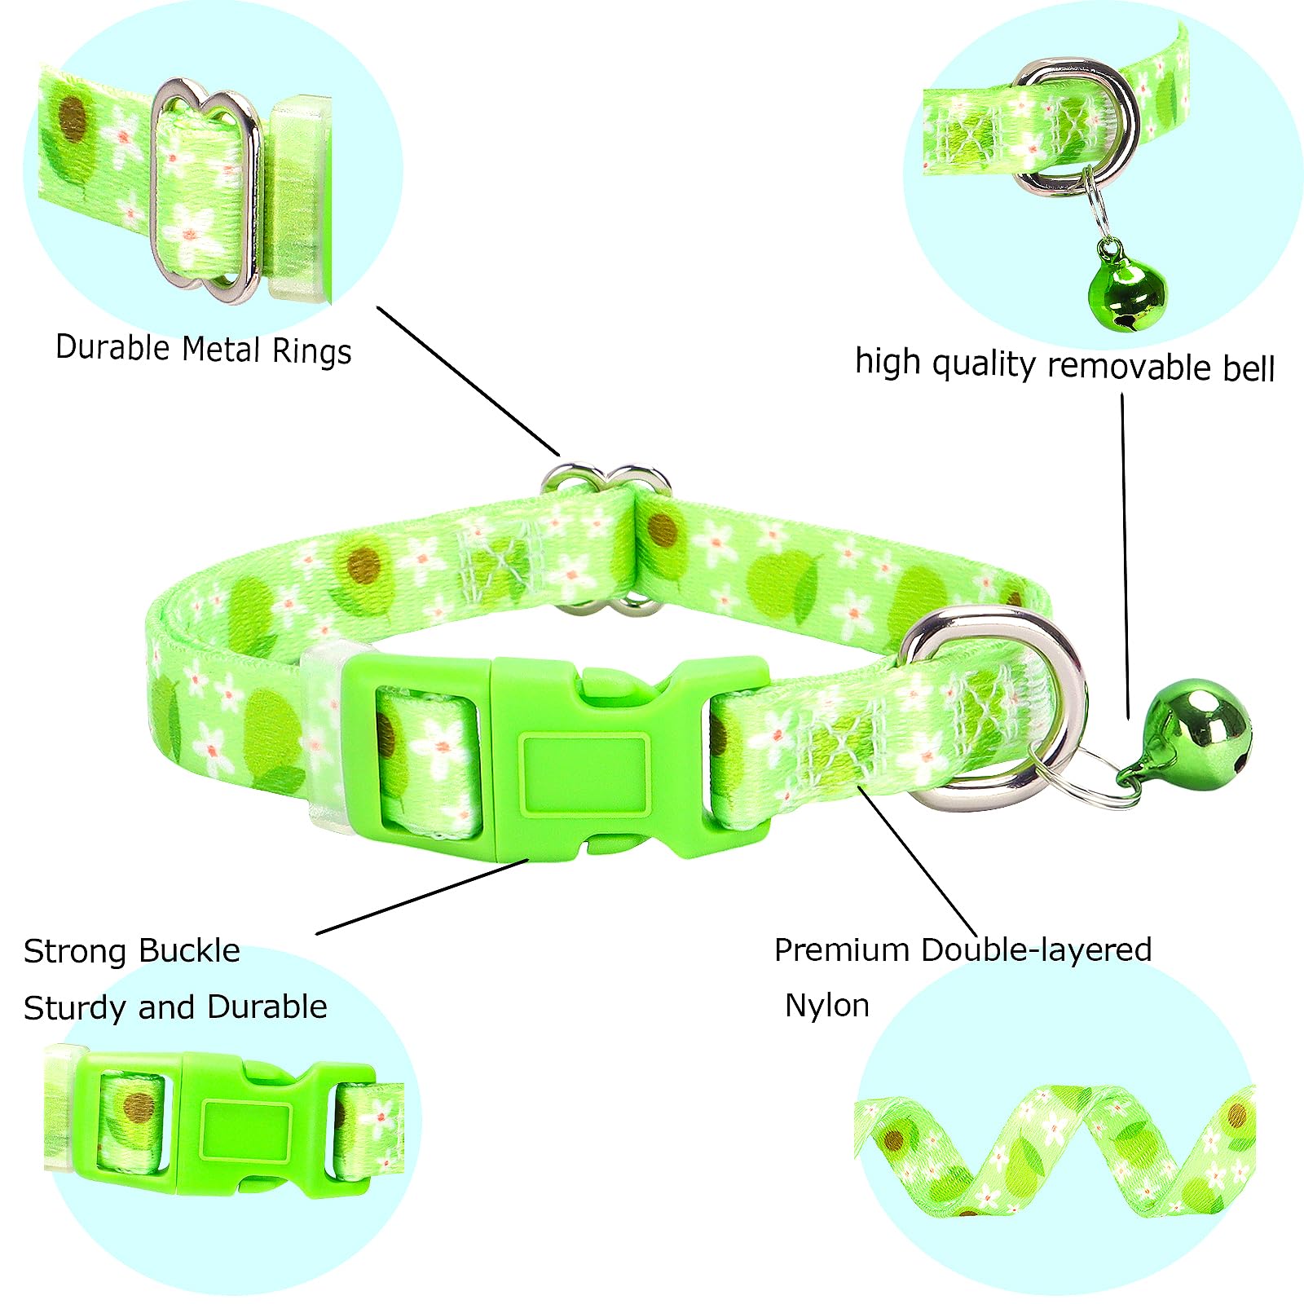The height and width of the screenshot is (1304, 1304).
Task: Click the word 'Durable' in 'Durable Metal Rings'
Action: coord(112,347)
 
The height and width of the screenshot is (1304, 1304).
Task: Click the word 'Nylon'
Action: coord(826,1005)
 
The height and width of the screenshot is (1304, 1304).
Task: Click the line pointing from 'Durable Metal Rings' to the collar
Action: coord(469,381)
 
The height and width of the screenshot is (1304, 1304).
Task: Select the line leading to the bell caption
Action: coord(1125,554)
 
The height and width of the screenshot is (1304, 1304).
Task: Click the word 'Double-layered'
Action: coord(1036,950)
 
